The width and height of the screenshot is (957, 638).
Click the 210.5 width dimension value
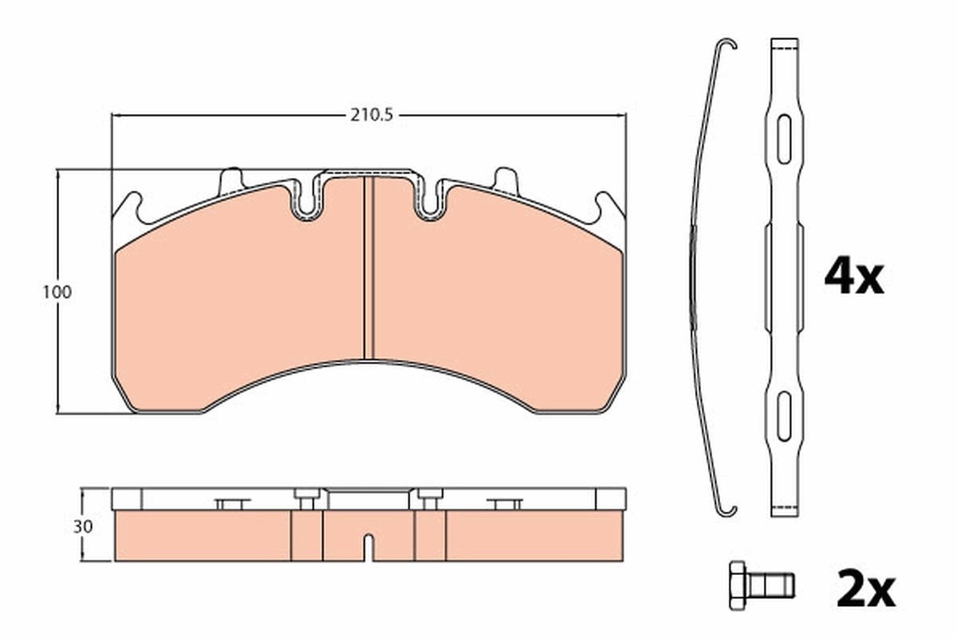tap(371, 114)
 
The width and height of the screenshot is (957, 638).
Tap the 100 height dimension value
tap(57, 292)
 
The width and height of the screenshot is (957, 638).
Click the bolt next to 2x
tap(760, 585)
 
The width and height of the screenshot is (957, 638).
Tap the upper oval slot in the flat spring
tap(784, 139)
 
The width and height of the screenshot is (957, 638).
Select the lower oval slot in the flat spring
tap(784, 415)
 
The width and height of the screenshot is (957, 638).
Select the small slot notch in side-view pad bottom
tap(368, 547)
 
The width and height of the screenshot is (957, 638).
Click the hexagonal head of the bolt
tap(738, 585)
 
